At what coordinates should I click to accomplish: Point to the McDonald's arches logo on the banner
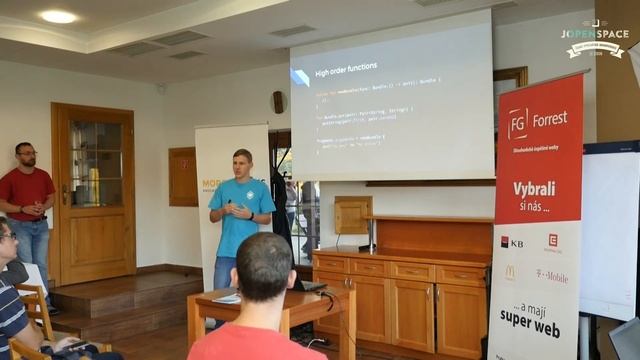510,272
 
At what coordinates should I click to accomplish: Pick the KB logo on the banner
511,242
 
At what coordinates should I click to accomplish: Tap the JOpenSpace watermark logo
596,38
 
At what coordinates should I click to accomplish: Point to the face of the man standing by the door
26,156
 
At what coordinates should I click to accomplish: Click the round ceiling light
58,17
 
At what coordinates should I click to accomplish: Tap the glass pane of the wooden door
96,164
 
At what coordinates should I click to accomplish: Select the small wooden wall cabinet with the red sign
183,176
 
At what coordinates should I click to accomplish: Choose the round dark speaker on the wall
278,102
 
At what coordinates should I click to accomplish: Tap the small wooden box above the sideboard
352,214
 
